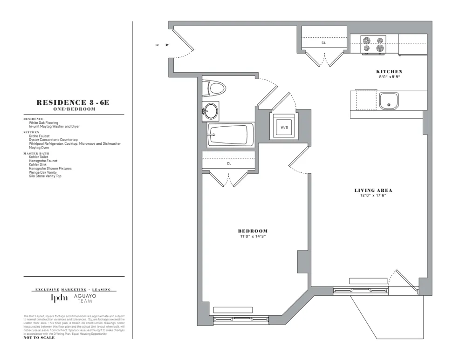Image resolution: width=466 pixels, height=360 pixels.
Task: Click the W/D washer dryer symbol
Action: [x=284, y=126]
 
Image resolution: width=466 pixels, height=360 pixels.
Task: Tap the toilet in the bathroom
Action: [x=215, y=87]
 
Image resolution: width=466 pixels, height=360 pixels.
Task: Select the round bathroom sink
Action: [x=211, y=111]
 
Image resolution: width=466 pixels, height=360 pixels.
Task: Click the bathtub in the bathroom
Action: [x=230, y=135]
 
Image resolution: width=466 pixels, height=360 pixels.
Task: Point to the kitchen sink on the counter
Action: [x=389, y=101]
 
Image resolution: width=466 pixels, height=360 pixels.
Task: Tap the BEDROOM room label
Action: [x=253, y=231]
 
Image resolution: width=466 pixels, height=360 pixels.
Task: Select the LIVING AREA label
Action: [x=373, y=190]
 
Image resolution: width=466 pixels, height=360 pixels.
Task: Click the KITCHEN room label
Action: [x=389, y=71]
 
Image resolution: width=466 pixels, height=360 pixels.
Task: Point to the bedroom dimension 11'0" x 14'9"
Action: [x=253, y=237]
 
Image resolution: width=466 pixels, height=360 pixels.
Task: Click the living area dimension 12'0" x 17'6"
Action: [x=373, y=195]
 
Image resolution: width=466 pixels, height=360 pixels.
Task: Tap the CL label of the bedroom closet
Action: [x=229, y=163]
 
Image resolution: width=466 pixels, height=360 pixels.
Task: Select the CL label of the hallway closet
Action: [x=324, y=43]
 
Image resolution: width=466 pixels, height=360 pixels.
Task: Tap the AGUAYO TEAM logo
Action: [x=85, y=299]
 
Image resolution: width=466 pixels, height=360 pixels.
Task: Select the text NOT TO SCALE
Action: [x=39, y=338]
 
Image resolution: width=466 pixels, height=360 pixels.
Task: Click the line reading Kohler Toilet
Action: [x=39, y=157]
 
